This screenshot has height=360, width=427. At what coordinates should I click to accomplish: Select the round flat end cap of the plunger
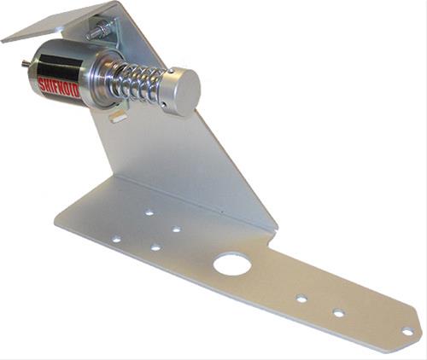(x=181, y=91)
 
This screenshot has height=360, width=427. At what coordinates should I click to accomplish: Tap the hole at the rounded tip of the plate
(x=407, y=331)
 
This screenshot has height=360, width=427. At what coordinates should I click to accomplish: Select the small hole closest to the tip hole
(x=339, y=313)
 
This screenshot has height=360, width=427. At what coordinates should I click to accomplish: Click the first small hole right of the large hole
(x=301, y=299)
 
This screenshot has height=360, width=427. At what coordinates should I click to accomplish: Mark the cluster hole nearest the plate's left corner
(x=116, y=240)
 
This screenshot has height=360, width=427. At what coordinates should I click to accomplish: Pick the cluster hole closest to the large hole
(x=177, y=229)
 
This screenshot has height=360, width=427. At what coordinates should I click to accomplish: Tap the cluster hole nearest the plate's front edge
(x=155, y=247)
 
